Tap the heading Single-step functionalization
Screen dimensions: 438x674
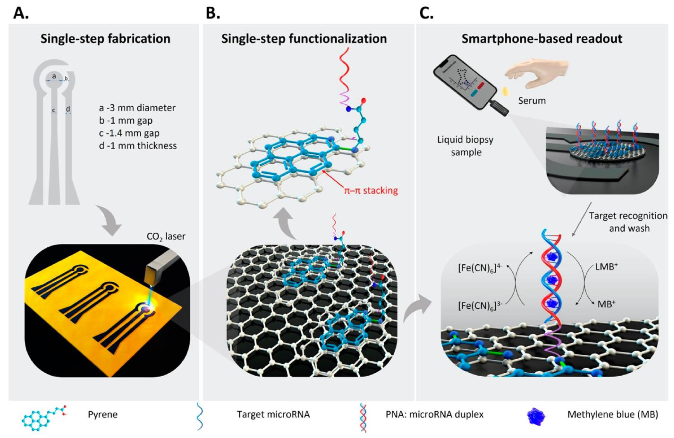304,39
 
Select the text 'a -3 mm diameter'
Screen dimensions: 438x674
137,108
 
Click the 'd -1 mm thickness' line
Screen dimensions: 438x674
138,146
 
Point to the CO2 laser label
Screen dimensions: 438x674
166,236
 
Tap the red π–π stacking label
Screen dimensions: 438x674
371,191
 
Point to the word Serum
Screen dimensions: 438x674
532,101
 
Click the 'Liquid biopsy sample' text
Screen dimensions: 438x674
466,146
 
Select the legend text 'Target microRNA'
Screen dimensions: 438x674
273,415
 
